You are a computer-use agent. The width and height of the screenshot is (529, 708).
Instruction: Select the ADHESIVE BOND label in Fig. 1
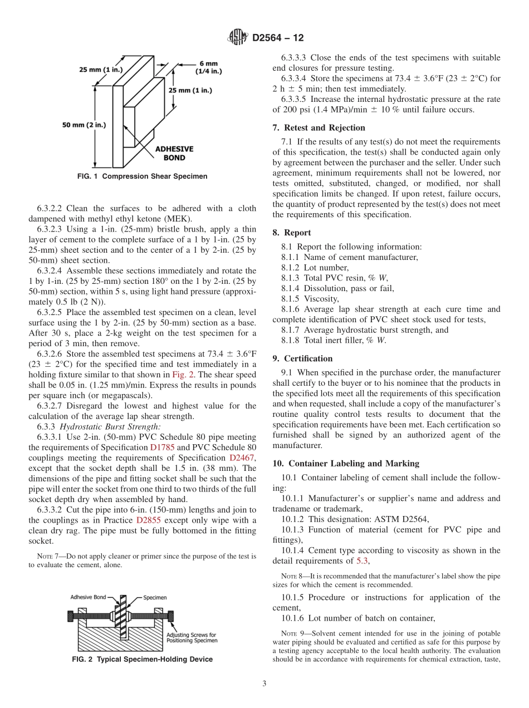(x=174, y=153)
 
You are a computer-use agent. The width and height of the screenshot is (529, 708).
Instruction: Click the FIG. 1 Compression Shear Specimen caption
(x=142, y=176)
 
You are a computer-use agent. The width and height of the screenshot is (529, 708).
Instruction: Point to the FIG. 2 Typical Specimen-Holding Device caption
(x=143, y=660)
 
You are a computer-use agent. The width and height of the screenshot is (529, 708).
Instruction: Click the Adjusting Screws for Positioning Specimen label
(x=192, y=637)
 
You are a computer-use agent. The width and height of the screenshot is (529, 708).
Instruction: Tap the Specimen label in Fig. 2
(x=155, y=597)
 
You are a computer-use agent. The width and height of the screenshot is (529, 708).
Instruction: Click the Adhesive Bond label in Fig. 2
(x=88, y=597)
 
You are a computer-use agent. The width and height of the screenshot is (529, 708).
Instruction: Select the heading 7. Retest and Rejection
(x=319, y=127)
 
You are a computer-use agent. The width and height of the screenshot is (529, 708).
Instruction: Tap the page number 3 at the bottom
(x=264, y=684)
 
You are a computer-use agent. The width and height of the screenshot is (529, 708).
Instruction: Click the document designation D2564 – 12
(x=278, y=38)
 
